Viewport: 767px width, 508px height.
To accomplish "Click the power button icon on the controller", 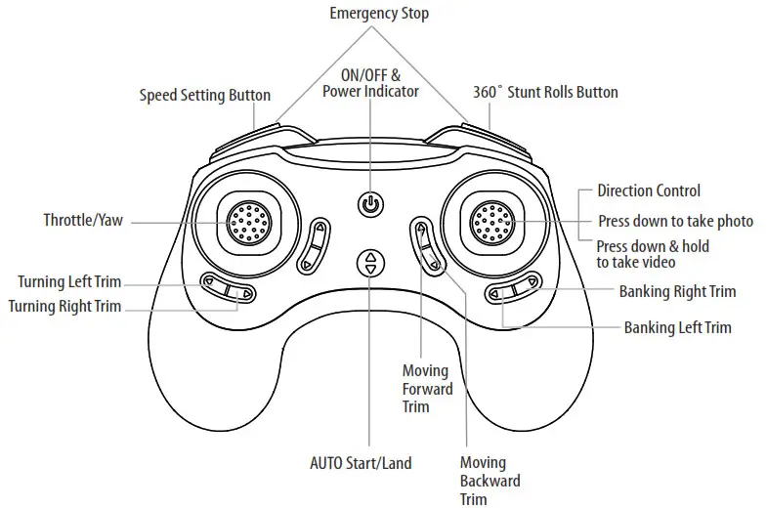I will pos(369,205).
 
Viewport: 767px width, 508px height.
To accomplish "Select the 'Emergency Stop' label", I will pos(379,14).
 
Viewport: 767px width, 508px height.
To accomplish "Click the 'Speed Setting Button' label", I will pos(204,95).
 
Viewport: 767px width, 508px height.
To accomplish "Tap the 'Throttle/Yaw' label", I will pos(83,221).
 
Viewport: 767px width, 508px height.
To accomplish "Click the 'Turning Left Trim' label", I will pos(68,282).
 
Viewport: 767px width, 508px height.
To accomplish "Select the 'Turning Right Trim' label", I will pos(64,306).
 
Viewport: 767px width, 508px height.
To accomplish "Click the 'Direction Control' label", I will pos(649,191).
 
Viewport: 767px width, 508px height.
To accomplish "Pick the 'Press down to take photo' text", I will pos(675,222).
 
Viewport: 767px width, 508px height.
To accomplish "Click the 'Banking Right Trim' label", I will pos(677,291).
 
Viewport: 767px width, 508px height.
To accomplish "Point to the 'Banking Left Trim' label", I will pos(677,328).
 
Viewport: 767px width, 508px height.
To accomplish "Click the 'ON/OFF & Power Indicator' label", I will pos(370,83).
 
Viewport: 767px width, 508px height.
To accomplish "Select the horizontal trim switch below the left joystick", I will pos(228,290).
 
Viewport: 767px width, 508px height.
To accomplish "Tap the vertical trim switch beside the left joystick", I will pos(317,246).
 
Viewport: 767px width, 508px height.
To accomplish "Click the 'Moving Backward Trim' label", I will pos(490,481).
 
